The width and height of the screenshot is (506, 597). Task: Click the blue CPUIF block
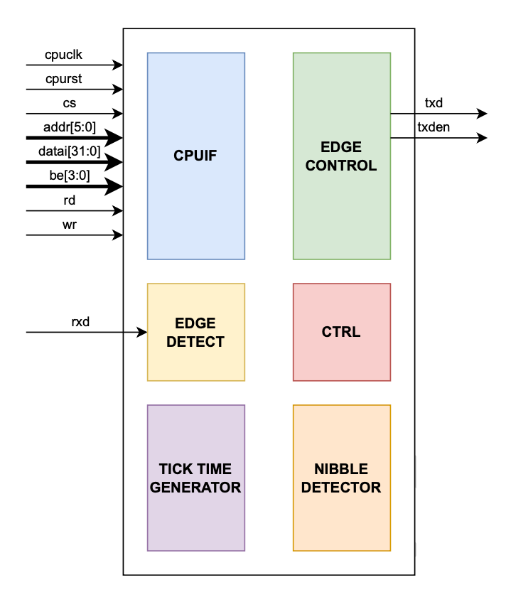pyautogui.click(x=195, y=156)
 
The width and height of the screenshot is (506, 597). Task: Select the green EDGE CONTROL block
pyautogui.click(x=341, y=156)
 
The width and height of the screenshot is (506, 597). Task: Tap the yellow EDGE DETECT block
pyautogui.click(x=195, y=332)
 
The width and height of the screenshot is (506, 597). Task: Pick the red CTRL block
pyautogui.click(x=341, y=332)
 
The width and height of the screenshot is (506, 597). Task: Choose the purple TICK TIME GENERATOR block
pyautogui.click(x=195, y=478)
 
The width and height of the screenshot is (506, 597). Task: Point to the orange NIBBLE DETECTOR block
pyautogui.click(x=341, y=478)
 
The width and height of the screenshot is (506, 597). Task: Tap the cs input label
pyautogui.click(x=69, y=103)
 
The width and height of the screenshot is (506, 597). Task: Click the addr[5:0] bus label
pyautogui.click(x=68, y=127)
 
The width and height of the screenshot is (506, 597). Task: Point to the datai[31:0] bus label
pyautogui.click(x=70, y=151)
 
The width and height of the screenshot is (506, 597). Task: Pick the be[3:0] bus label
pyautogui.click(x=68, y=176)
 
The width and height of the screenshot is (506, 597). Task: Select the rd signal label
pyautogui.click(x=69, y=200)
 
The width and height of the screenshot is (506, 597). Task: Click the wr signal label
pyautogui.click(x=69, y=225)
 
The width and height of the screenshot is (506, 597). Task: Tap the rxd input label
pyautogui.click(x=81, y=322)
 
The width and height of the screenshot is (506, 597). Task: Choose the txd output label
pyautogui.click(x=434, y=103)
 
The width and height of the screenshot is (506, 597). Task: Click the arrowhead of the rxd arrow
pyautogui.click(x=142, y=332)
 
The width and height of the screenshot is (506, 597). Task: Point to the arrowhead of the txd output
pyautogui.click(x=482, y=114)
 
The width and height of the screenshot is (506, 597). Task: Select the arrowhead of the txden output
pyautogui.click(x=482, y=138)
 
